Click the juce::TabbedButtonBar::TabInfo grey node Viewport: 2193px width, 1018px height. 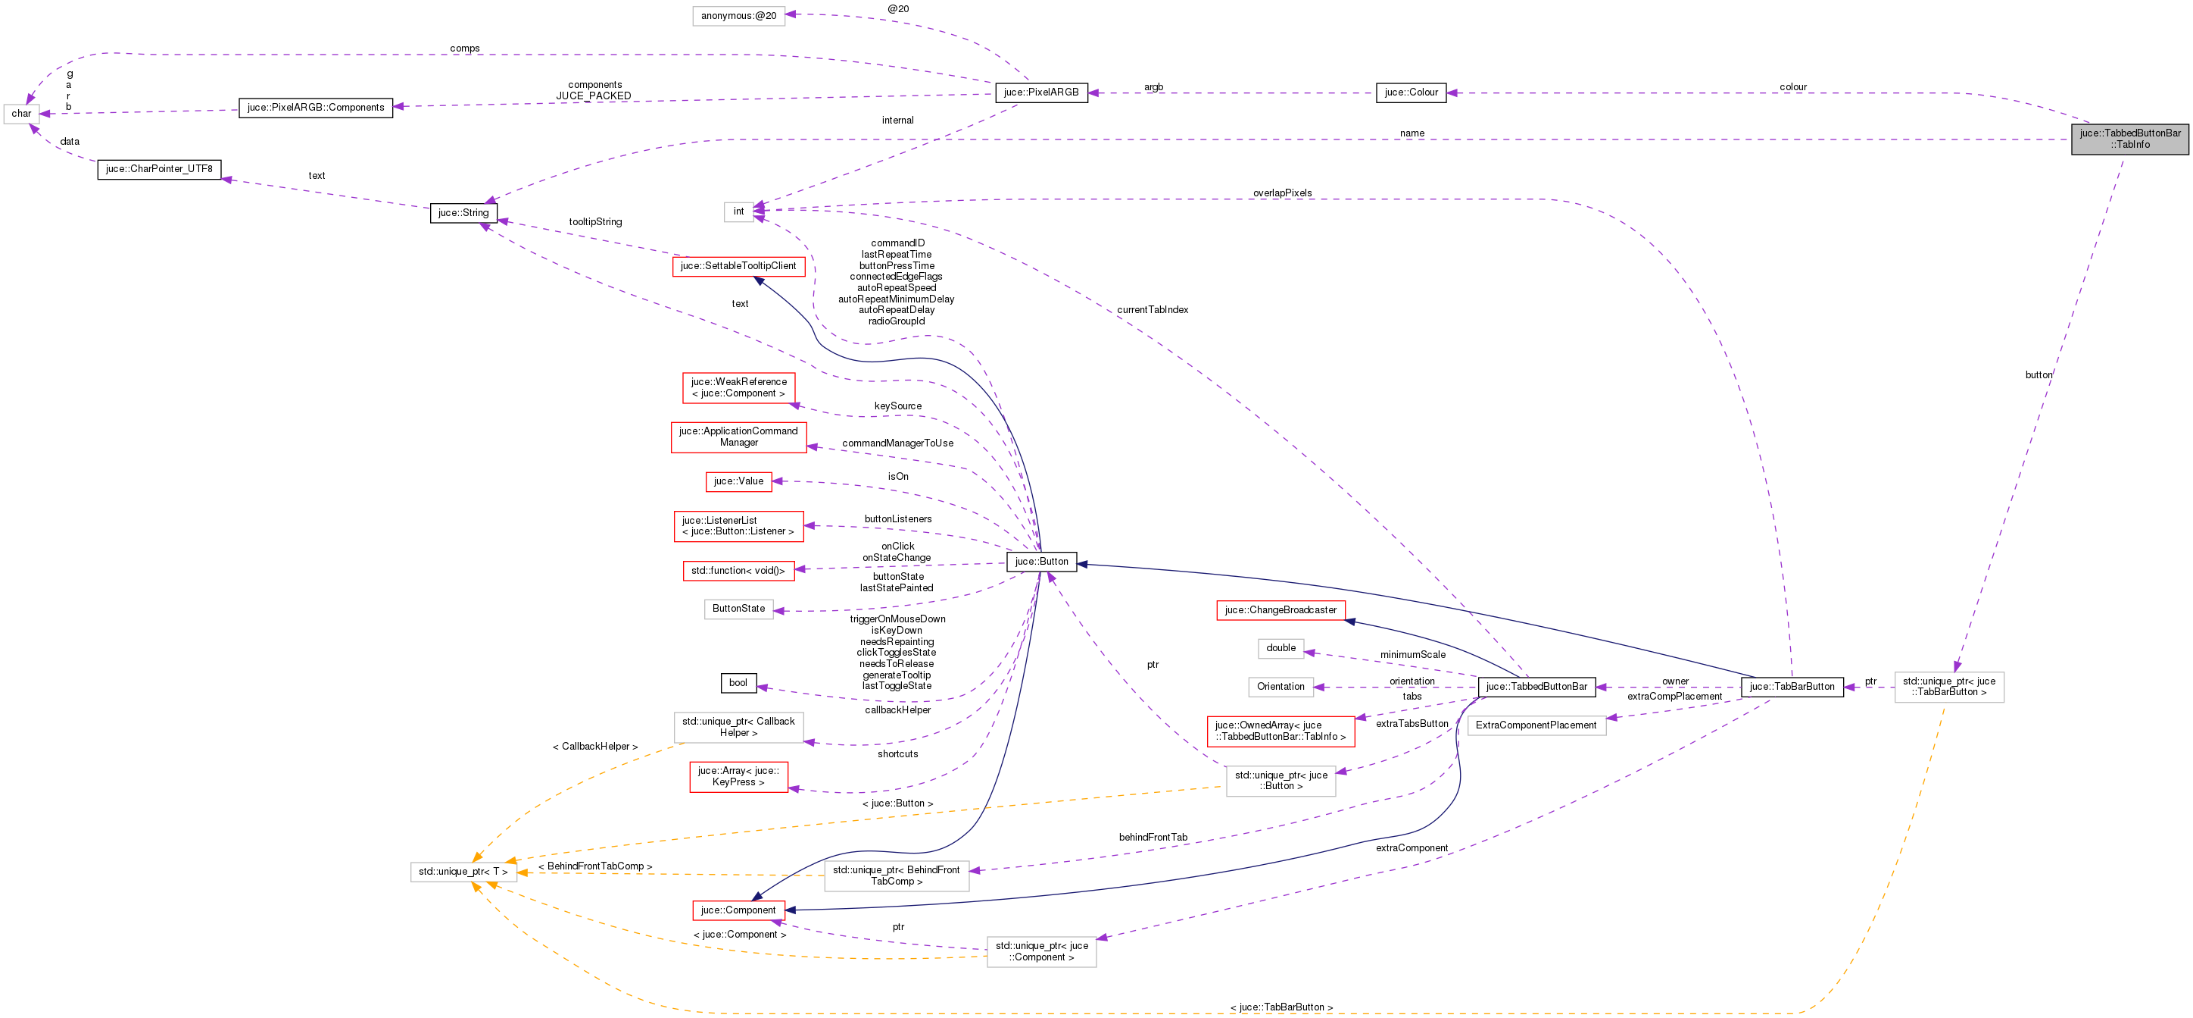pyautogui.click(x=2129, y=139)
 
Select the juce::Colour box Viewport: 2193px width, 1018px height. pyautogui.click(x=1411, y=92)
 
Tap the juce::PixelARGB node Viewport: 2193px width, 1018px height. pyautogui.click(x=1040, y=92)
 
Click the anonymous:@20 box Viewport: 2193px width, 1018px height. pyautogui.click(x=738, y=16)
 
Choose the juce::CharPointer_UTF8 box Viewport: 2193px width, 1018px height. pyautogui.click(x=159, y=170)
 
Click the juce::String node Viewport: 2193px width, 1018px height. pyautogui.click(x=463, y=213)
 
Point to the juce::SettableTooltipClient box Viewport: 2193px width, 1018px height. pyautogui.click(x=738, y=267)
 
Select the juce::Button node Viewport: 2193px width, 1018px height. pyautogui.click(x=1041, y=562)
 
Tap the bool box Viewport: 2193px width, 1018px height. pyautogui.click(x=738, y=683)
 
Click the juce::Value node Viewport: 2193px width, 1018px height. pyautogui.click(x=738, y=482)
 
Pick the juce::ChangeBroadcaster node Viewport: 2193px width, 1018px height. pyautogui.click(x=1281, y=611)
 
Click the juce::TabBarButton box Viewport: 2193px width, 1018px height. pyautogui.click(x=1792, y=688)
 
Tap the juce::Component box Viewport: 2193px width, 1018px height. pyautogui.click(x=738, y=910)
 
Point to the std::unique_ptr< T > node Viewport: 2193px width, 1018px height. pyautogui.click(x=463, y=872)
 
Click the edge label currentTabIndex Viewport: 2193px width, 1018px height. pyautogui.click(x=1152, y=310)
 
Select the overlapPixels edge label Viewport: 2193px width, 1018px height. pyautogui.click(x=1281, y=193)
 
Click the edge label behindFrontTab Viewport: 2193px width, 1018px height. pyautogui.click(x=1153, y=838)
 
